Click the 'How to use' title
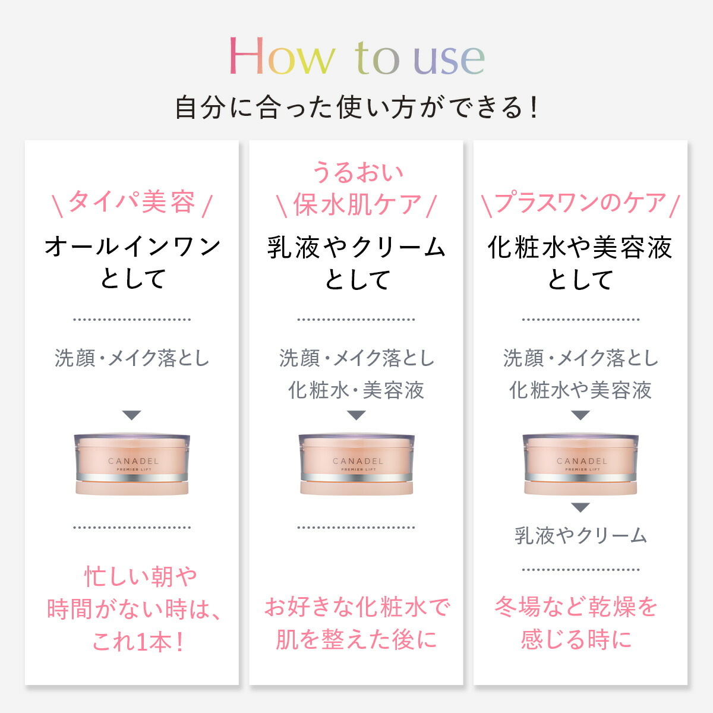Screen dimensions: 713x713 coord(356,57)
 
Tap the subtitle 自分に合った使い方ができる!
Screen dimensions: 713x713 coord(356,108)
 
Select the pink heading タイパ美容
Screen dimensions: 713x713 coord(132,202)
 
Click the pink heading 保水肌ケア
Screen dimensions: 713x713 coord(356,204)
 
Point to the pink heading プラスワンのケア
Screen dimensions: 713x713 coord(580,203)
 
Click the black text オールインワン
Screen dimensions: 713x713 coord(132,247)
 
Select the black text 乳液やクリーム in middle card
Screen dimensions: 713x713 coord(356,247)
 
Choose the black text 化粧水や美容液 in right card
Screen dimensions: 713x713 coord(580,247)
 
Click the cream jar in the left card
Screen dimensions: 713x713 coord(132,463)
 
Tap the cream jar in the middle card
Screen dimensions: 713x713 coord(356,463)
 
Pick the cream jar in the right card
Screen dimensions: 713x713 coord(581,463)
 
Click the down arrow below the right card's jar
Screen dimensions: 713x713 coord(581,507)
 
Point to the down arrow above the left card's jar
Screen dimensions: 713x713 coord(132,415)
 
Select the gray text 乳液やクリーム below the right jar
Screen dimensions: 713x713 coord(581,536)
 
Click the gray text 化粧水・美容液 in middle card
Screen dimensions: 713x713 coord(356,390)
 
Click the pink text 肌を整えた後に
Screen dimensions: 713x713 coord(356,639)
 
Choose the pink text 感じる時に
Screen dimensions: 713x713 coord(576,639)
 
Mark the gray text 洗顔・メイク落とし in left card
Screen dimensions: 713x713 coord(132,358)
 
